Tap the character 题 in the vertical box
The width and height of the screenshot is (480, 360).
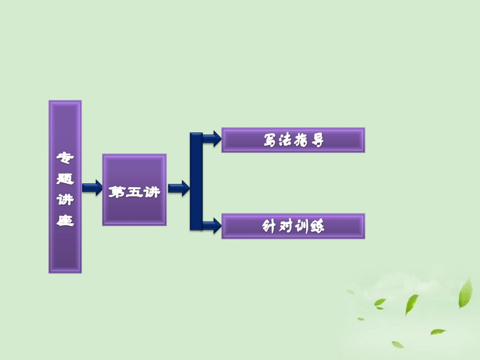coord(65,179)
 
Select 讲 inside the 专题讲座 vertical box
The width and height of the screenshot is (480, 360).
coord(65,200)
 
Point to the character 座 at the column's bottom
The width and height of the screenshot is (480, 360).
coord(65,220)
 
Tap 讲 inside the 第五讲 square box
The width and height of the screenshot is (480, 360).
coord(151,192)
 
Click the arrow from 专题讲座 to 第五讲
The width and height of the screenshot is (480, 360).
coord(92,189)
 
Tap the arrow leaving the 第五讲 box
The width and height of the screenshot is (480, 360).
coord(178,189)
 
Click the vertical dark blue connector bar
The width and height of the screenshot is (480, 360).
coord(196,182)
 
